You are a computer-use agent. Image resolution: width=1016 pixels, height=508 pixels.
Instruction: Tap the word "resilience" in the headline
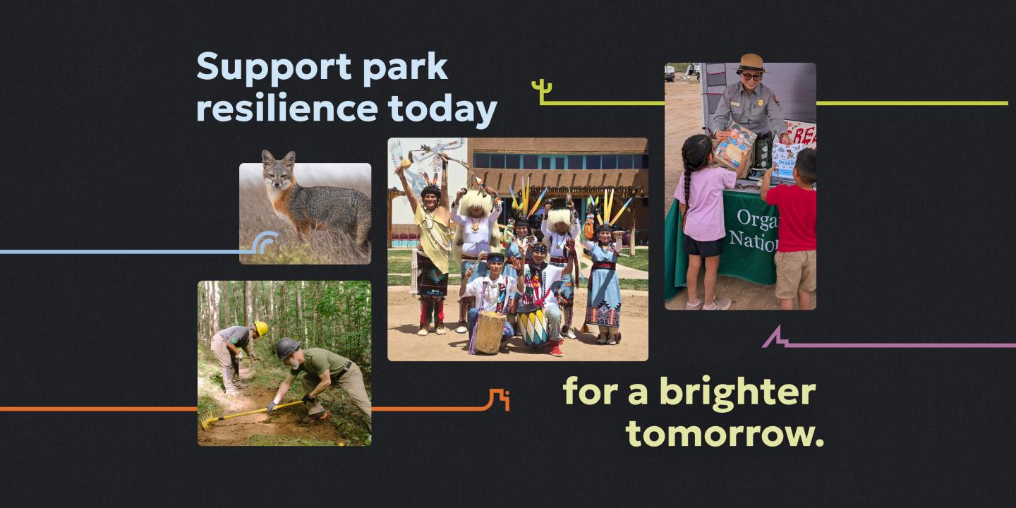pyautogui.click(x=286, y=109)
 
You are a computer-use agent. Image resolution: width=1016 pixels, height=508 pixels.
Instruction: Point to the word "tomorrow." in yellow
pyautogui.click(x=725, y=433)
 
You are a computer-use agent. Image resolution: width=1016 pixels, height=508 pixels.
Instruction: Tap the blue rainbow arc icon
pyautogui.click(x=266, y=242)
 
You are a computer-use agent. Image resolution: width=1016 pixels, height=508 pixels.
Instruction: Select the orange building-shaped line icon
pyautogui.click(x=499, y=399)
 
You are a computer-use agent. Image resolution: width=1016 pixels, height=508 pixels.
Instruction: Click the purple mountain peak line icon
pyautogui.click(x=775, y=337)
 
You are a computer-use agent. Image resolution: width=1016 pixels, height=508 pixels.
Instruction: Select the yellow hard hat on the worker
pyautogui.click(x=260, y=329)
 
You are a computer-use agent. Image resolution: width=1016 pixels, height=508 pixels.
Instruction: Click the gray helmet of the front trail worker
pyautogui.click(x=287, y=347)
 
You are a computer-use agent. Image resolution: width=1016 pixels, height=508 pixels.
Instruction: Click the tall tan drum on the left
pyautogui.click(x=490, y=332)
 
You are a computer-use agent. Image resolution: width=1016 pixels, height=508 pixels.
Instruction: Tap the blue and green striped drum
pyautogui.click(x=532, y=325)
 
